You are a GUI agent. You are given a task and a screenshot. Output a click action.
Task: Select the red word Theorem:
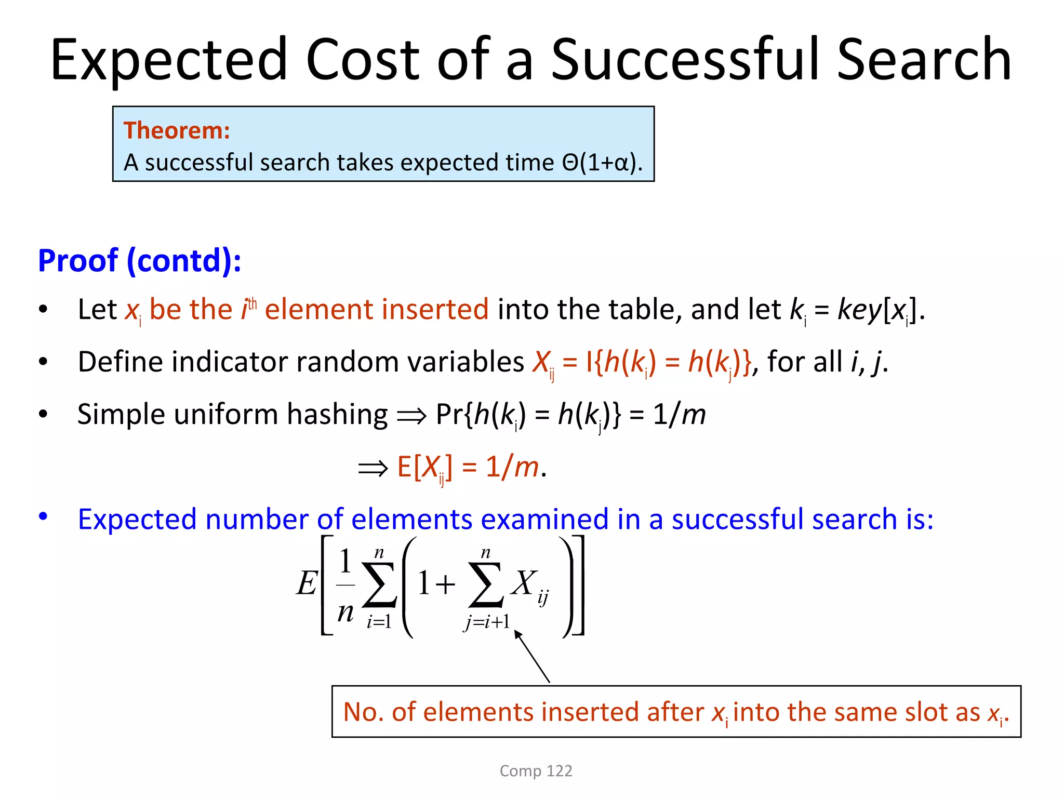point(177,130)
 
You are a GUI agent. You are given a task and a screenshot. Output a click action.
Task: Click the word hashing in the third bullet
point(337,415)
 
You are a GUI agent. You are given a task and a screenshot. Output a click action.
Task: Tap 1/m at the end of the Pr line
point(679,415)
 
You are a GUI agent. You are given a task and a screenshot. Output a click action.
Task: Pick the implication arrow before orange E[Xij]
point(373,468)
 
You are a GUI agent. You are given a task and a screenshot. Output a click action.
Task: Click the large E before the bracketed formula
point(307,583)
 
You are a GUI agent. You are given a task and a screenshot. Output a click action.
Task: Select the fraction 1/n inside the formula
point(345,586)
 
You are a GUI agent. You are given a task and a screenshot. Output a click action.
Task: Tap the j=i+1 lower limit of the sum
point(486,622)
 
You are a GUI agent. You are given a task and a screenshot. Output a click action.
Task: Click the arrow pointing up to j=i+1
point(532,656)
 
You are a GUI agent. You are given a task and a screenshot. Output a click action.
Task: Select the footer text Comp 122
point(536,770)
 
